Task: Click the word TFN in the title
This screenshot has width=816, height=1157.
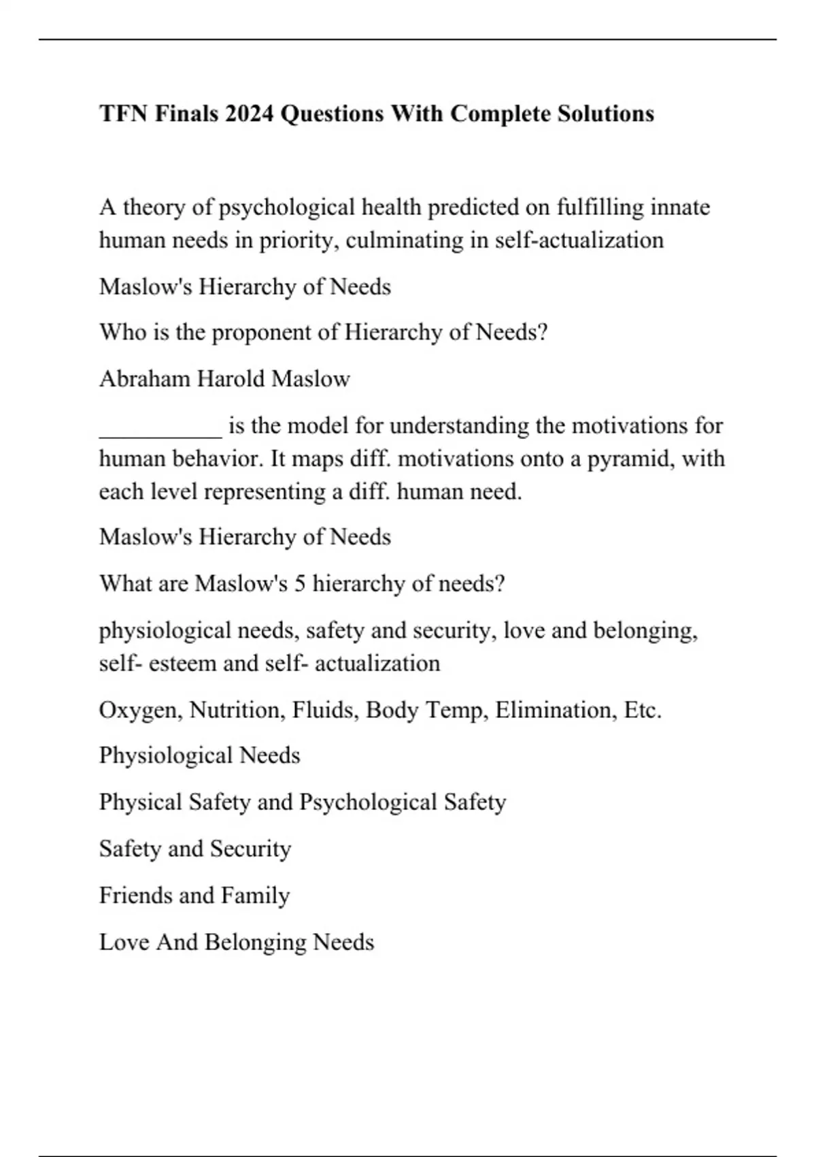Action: pyautogui.click(x=123, y=113)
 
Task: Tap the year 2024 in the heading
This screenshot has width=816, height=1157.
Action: pyautogui.click(x=249, y=113)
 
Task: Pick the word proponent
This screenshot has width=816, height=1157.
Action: pyautogui.click(x=268, y=333)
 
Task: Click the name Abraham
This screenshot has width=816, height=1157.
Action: pyautogui.click(x=145, y=378)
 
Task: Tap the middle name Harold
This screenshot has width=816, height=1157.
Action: pyautogui.click(x=231, y=378)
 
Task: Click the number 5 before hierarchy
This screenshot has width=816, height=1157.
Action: pyautogui.click(x=300, y=584)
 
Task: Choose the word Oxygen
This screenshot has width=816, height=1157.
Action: pyautogui.click(x=140, y=711)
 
